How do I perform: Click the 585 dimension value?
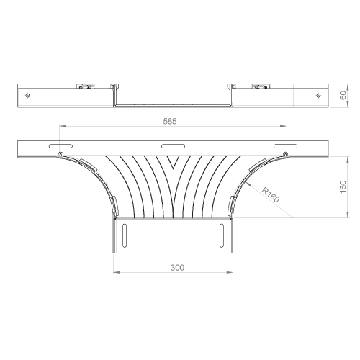(170, 122)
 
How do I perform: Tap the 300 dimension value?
(177, 268)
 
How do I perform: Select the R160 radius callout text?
(271, 195)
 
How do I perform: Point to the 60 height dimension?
(343, 95)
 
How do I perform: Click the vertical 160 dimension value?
(343, 186)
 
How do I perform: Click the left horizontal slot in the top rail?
(60, 146)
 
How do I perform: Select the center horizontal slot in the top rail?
(173, 146)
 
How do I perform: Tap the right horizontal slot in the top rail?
(285, 146)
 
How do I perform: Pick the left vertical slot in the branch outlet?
(125, 235)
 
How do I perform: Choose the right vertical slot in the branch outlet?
(222, 235)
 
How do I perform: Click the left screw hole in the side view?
(27, 96)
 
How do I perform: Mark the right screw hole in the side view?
(318, 96)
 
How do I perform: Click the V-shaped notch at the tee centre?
(174, 163)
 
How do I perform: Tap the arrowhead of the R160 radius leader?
(248, 184)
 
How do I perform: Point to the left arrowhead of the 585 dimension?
(63, 126)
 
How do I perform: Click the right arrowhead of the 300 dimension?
(230, 272)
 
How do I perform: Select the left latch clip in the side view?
(85, 86)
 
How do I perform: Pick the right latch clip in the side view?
(260, 86)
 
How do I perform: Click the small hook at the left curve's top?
(61, 154)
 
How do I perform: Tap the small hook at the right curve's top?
(285, 154)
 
